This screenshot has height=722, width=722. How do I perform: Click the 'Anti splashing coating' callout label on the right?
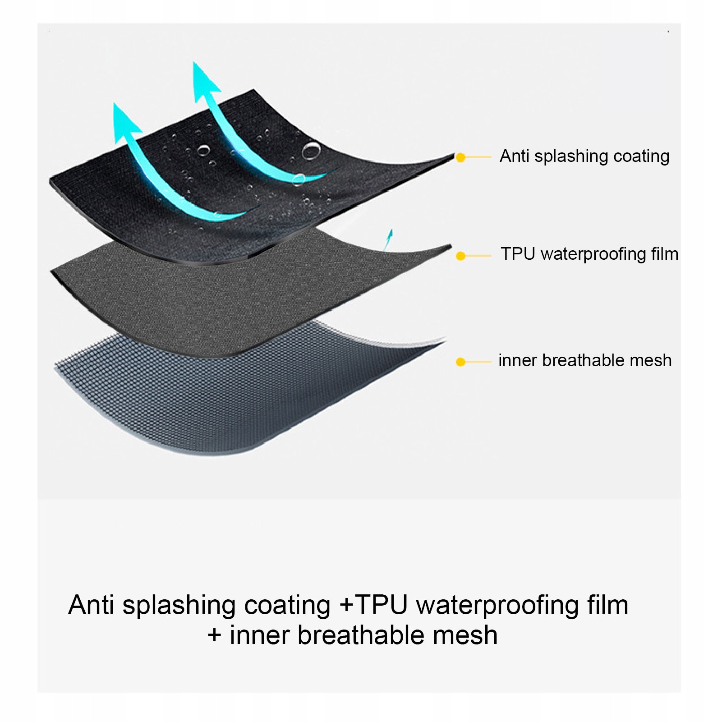coord(584,156)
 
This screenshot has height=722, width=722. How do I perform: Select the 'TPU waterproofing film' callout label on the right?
coord(589,254)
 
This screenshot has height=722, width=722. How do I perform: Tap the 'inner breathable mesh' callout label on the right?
coord(585,360)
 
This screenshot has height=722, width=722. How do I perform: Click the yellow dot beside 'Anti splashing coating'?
coord(460,157)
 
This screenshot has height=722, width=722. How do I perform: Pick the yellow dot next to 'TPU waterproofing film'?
coord(460,256)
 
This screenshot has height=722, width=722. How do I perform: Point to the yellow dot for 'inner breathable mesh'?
coord(460,362)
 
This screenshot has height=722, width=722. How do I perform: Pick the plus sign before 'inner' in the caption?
coord(214,635)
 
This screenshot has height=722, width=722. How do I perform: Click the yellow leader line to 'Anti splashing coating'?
coord(478,157)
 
